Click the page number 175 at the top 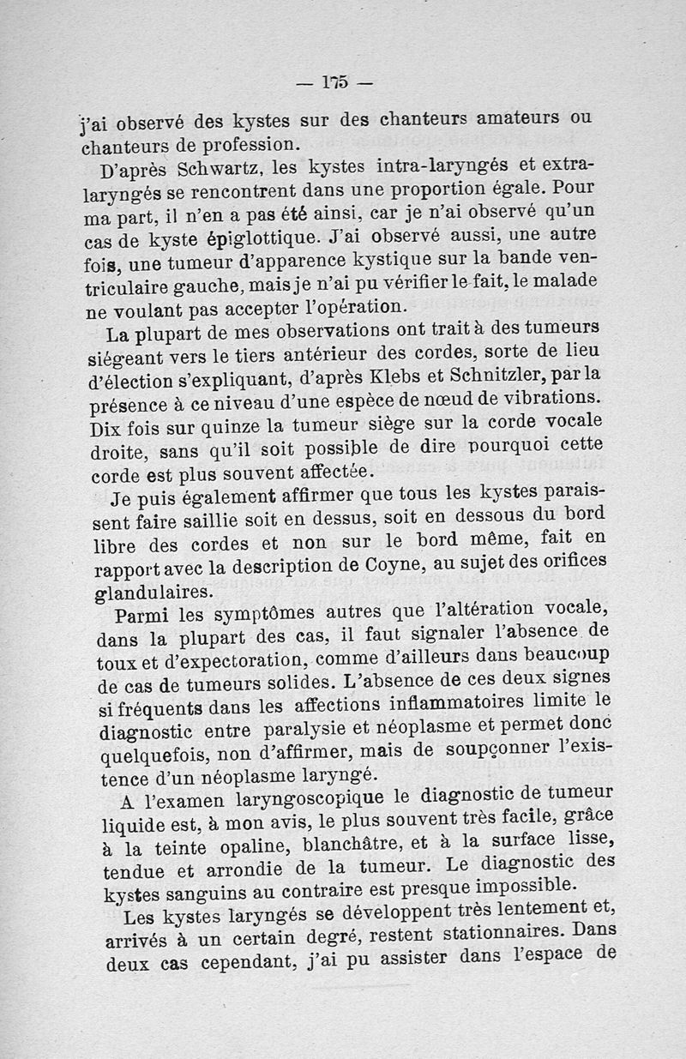pos(334,82)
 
